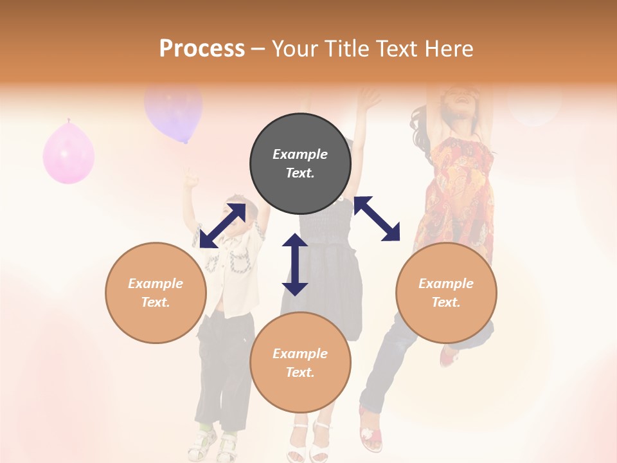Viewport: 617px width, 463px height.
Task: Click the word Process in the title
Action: [x=202, y=49]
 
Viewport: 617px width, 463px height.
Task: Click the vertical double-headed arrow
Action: [x=295, y=264]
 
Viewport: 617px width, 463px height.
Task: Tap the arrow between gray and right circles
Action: [x=377, y=219]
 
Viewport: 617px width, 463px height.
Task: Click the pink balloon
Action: [x=69, y=153]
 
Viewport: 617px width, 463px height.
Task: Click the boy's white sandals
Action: [x=216, y=444]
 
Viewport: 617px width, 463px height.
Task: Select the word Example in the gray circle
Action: [x=300, y=154]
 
